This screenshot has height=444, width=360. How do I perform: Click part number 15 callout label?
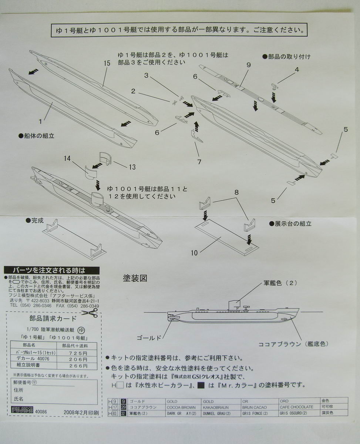pos(107,64)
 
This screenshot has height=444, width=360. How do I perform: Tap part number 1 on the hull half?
pos(42,121)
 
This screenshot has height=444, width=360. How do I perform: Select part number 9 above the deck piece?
pos(249,65)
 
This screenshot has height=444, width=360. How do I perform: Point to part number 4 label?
pos(297,69)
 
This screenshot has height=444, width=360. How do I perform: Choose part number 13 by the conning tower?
pos(132,167)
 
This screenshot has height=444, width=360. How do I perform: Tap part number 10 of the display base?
pos(194,253)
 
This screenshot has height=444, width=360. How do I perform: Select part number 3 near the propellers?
pos(147,76)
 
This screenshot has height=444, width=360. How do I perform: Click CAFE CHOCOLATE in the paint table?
pos(296,407)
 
